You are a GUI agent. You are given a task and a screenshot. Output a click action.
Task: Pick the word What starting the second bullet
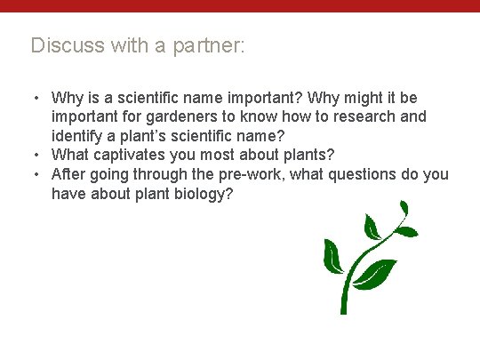[x=71, y=155]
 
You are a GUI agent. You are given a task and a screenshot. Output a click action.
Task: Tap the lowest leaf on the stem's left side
[x=332, y=257]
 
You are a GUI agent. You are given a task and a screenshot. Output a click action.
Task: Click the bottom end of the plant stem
[x=343, y=310]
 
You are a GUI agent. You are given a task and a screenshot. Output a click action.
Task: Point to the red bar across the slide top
[x=240, y=5]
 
